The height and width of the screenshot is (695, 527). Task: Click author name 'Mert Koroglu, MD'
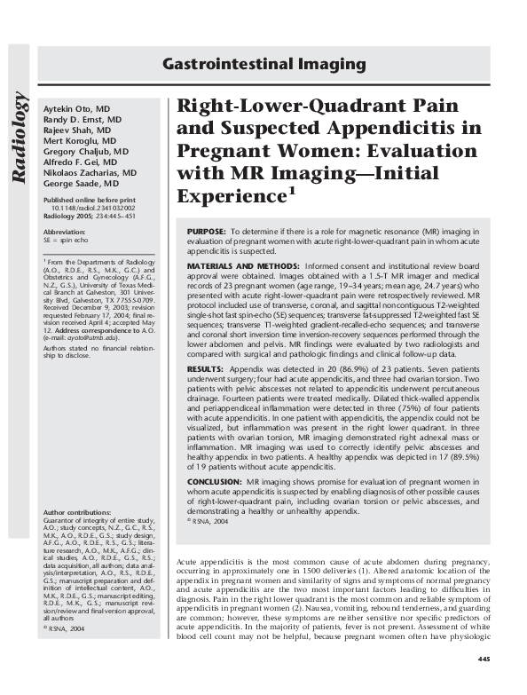coord(80,140)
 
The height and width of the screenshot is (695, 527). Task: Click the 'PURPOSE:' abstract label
coord(207,231)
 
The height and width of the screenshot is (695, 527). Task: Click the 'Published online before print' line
coord(89,201)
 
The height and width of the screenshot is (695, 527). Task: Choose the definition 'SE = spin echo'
coord(69,239)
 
